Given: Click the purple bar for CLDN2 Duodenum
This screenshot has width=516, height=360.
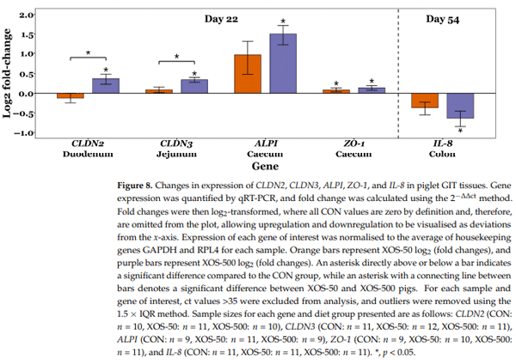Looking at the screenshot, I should [x=106, y=85].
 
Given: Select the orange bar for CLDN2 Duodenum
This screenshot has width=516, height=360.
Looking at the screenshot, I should [x=71, y=95].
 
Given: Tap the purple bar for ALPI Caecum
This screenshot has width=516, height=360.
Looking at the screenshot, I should [x=283, y=63].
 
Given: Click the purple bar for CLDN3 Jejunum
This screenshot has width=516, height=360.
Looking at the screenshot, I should [x=193, y=86].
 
